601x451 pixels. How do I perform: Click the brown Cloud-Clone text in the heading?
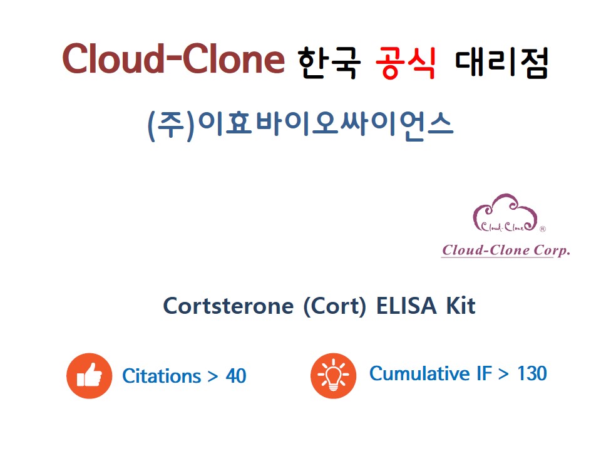click(x=173, y=58)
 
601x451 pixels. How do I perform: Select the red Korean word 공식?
click(x=406, y=63)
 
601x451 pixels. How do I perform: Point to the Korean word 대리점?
click(x=501, y=63)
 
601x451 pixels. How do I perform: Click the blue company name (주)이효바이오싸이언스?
click(x=300, y=125)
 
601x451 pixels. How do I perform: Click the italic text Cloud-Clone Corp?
click(x=506, y=250)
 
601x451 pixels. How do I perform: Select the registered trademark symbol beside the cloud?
click(x=542, y=229)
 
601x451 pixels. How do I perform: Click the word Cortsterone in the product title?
click(x=229, y=306)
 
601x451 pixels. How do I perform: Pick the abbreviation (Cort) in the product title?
click(x=334, y=307)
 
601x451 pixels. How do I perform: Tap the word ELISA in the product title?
click(x=407, y=306)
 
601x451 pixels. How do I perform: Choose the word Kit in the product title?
click(x=461, y=306)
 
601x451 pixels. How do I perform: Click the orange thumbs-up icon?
click(x=90, y=376)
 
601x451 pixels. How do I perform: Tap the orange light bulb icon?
click(x=333, y=376)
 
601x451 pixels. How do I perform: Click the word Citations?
click(x=162, y=376)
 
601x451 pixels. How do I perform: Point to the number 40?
click(x=236, y=376)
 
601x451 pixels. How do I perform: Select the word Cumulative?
click(x=419, y=373)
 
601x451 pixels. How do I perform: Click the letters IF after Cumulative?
click(x=484, y=373)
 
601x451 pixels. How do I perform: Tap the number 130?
click(x=532, y=373)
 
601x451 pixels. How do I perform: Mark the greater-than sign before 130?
click(x=503, y=374)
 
